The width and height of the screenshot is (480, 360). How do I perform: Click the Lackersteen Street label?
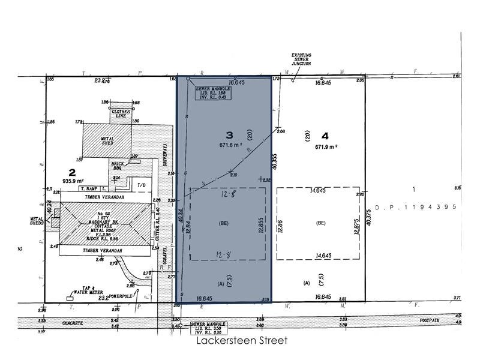(x=242, y=341)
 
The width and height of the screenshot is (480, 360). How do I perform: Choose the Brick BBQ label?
(x=117, y=166)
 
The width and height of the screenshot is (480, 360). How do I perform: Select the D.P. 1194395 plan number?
(x=416, y=207)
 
